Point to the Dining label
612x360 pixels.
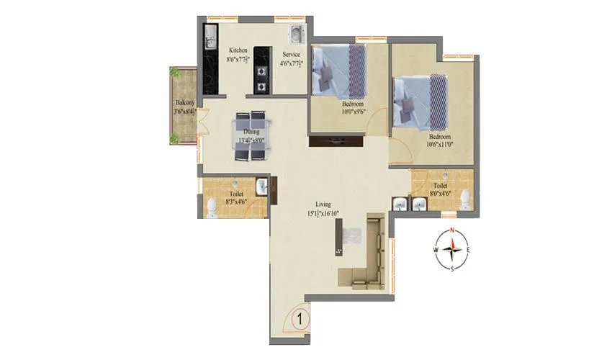[251, 132]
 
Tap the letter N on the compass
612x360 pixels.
[451, 230]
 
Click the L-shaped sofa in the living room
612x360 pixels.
[368, 252]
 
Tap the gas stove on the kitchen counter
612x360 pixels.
[259, 80]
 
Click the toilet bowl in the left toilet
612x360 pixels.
[212, 208]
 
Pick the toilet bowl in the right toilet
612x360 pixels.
[466, 199]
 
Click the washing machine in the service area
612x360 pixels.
[296, 33]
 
